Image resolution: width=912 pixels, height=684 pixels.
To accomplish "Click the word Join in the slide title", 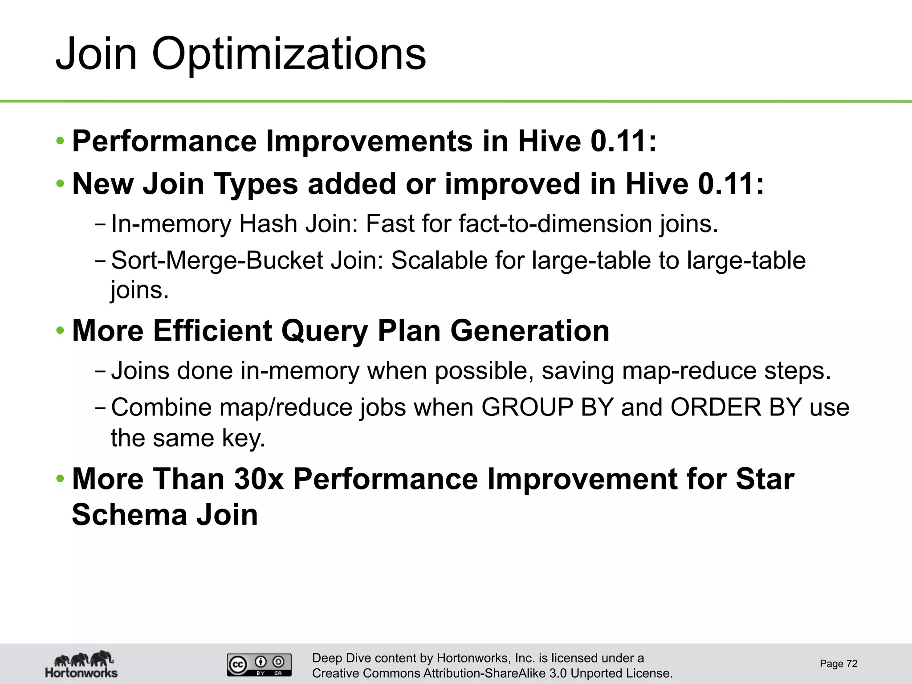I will [x=96, y=54].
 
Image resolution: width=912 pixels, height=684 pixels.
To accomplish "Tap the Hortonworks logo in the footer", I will [x=81, y=664].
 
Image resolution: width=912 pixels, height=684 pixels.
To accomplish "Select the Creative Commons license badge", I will [x=259, y=665].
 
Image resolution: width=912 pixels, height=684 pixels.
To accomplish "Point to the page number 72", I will [x=851, y=664].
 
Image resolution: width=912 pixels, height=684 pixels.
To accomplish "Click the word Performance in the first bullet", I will [x=164, y=141].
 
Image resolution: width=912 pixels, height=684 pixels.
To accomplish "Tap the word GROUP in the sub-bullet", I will [x=527, y=407].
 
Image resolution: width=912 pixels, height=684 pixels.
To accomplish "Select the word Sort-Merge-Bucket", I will [x=217, y=260].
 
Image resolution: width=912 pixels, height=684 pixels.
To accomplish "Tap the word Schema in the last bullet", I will [x=129, y=515].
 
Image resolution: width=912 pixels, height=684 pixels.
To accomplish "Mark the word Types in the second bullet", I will [x=256, y=184].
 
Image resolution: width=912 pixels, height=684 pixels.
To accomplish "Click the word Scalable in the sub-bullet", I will [x=439, y=260].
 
